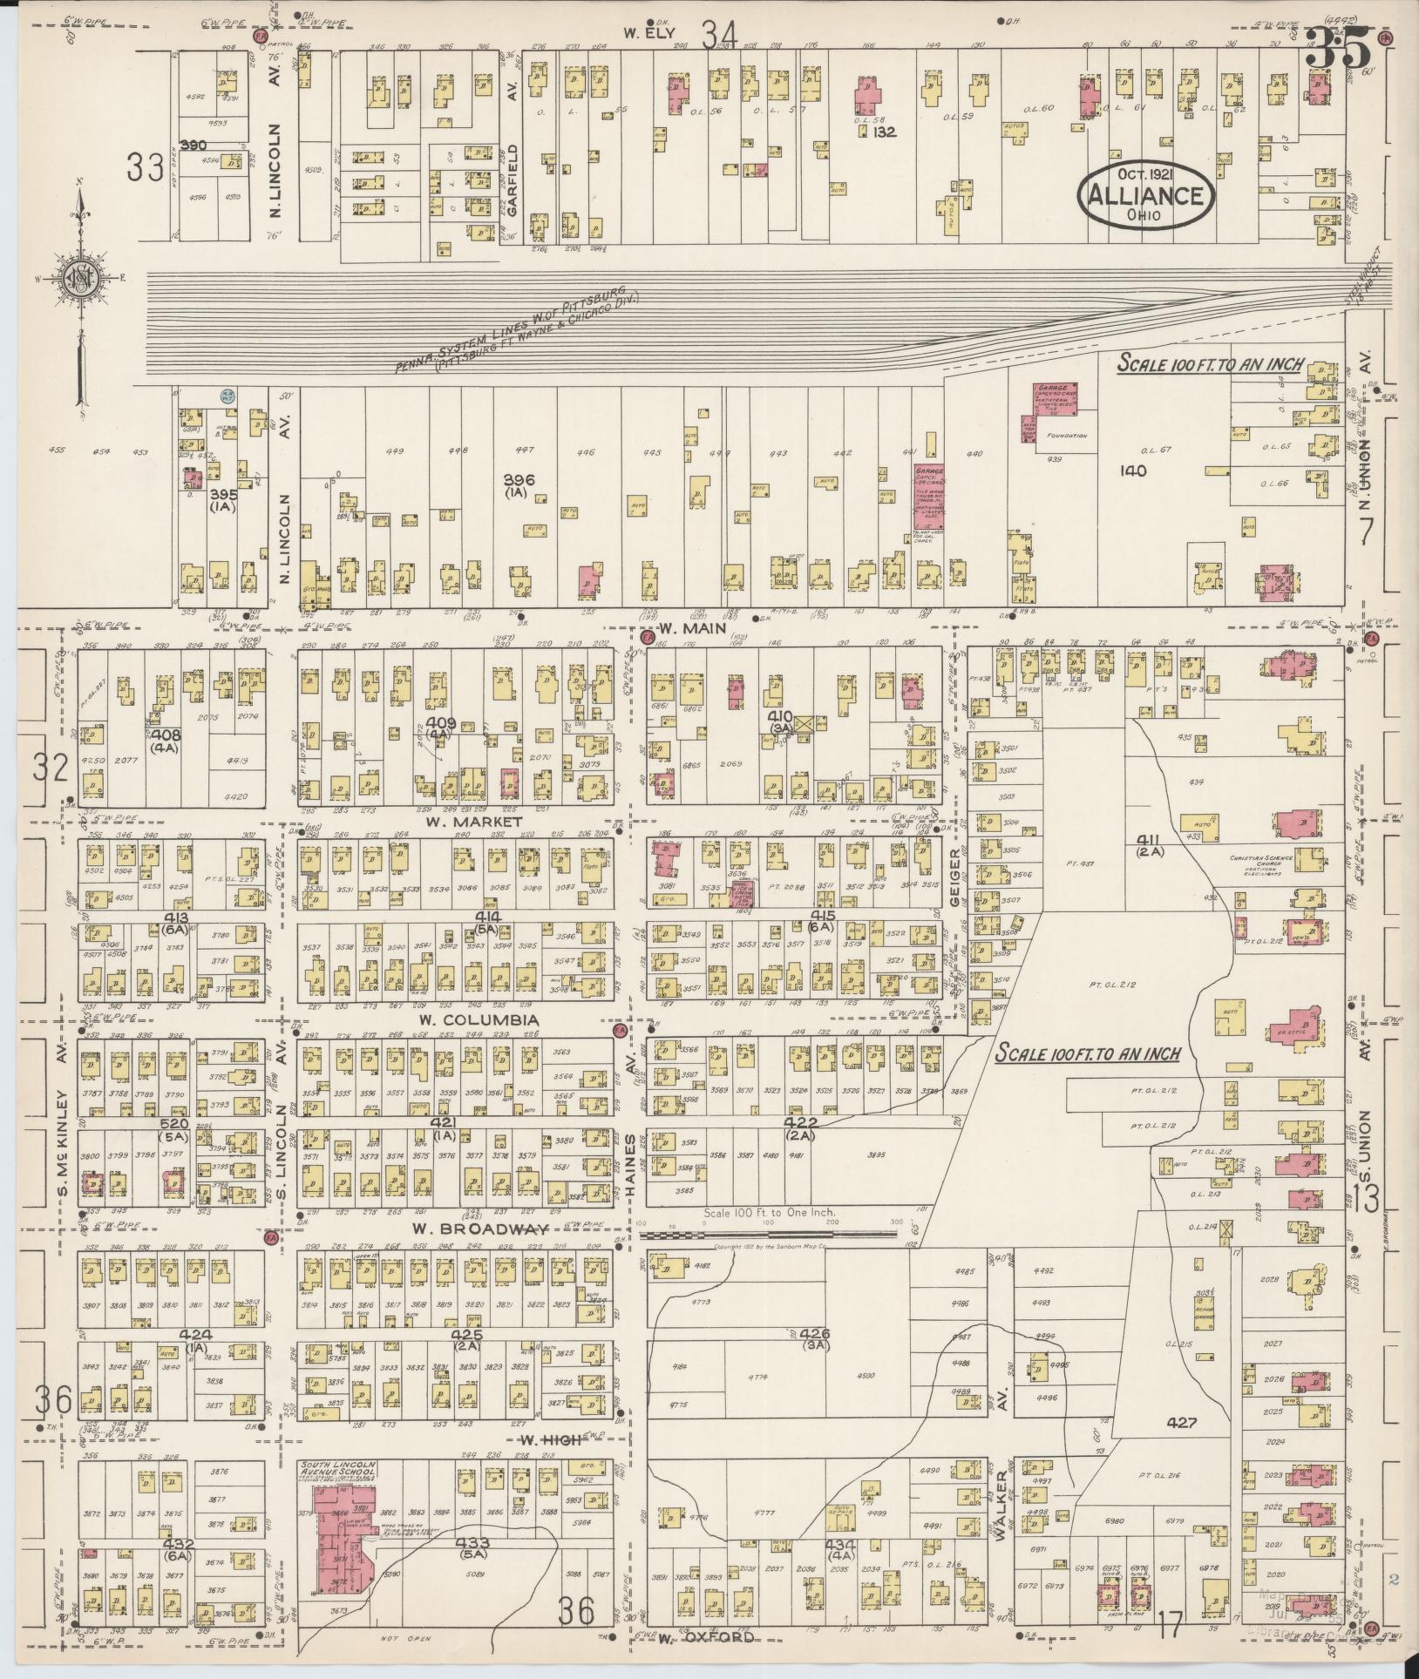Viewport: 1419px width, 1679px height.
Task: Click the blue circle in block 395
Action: click(227, 396)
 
